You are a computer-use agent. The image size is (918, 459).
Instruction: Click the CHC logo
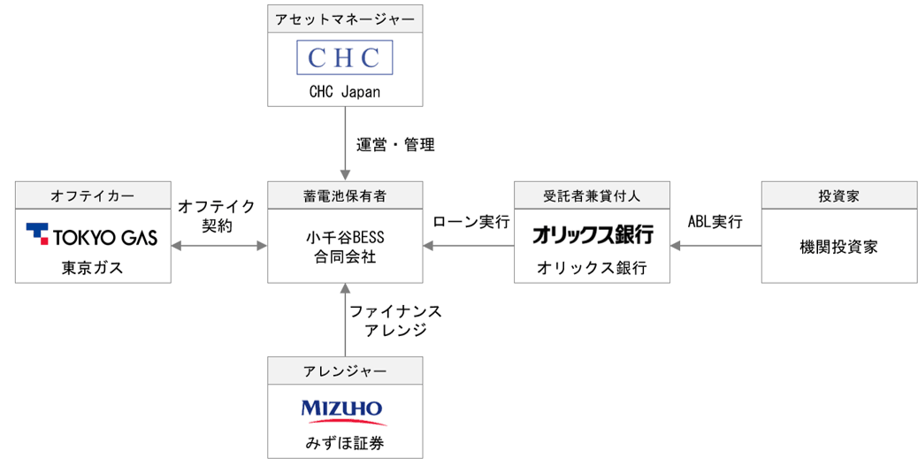point(345,57)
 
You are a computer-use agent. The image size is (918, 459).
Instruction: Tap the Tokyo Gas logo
point(92,235)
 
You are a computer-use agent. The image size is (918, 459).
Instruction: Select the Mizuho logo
point(344,412)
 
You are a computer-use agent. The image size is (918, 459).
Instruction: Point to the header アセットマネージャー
point(345,19)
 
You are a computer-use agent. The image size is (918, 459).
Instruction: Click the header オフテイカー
point(93,195)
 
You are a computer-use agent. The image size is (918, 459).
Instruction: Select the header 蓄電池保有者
point(345,195)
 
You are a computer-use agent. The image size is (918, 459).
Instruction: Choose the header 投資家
point(839,195)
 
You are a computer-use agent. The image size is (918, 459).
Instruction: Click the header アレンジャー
point(345,371)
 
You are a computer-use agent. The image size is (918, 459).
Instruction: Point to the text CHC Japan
point(345,93)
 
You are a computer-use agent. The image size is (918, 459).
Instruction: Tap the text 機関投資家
point(839,247)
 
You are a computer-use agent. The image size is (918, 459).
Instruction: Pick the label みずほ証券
point(345,443)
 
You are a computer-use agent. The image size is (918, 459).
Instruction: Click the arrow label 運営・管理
point(396,145)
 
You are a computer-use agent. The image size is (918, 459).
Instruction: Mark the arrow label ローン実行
point(471,223)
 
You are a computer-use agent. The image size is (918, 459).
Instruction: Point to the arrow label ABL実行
point(715,223)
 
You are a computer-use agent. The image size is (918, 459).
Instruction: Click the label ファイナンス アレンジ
point(396,320)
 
